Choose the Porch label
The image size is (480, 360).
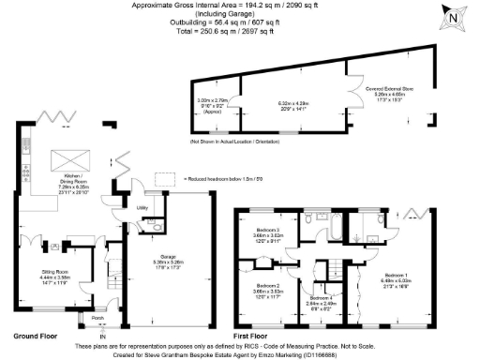97,317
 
